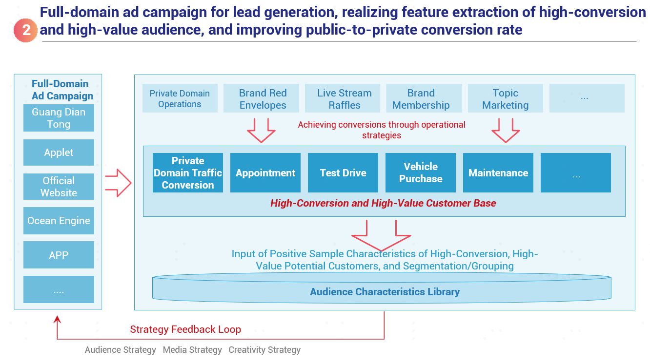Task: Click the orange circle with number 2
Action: pos(25,30)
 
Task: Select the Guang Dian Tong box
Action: pos(59,118)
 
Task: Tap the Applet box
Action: pos(59,153)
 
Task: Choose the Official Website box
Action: pos(59,187)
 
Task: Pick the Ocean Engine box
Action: pos(59,221)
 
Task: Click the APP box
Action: pos(59,255)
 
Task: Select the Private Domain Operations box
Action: pos(180,98)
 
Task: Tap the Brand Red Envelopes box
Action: pos(261,98)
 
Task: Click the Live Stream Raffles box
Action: pos(343,98)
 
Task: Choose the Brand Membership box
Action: pos(424,98)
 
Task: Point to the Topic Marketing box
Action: pos(506,98)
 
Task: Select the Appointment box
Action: pos(265,172)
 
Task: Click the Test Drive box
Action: pos(343,172)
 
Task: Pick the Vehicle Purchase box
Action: pos(421,172)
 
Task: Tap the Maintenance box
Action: pos(498,172)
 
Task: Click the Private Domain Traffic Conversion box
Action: pos(188,172)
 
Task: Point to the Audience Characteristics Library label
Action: pos(385,292)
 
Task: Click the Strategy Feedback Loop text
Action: pos(185,329)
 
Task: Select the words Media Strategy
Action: pos(192,350)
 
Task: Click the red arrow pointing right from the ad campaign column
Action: pos(118,183)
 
